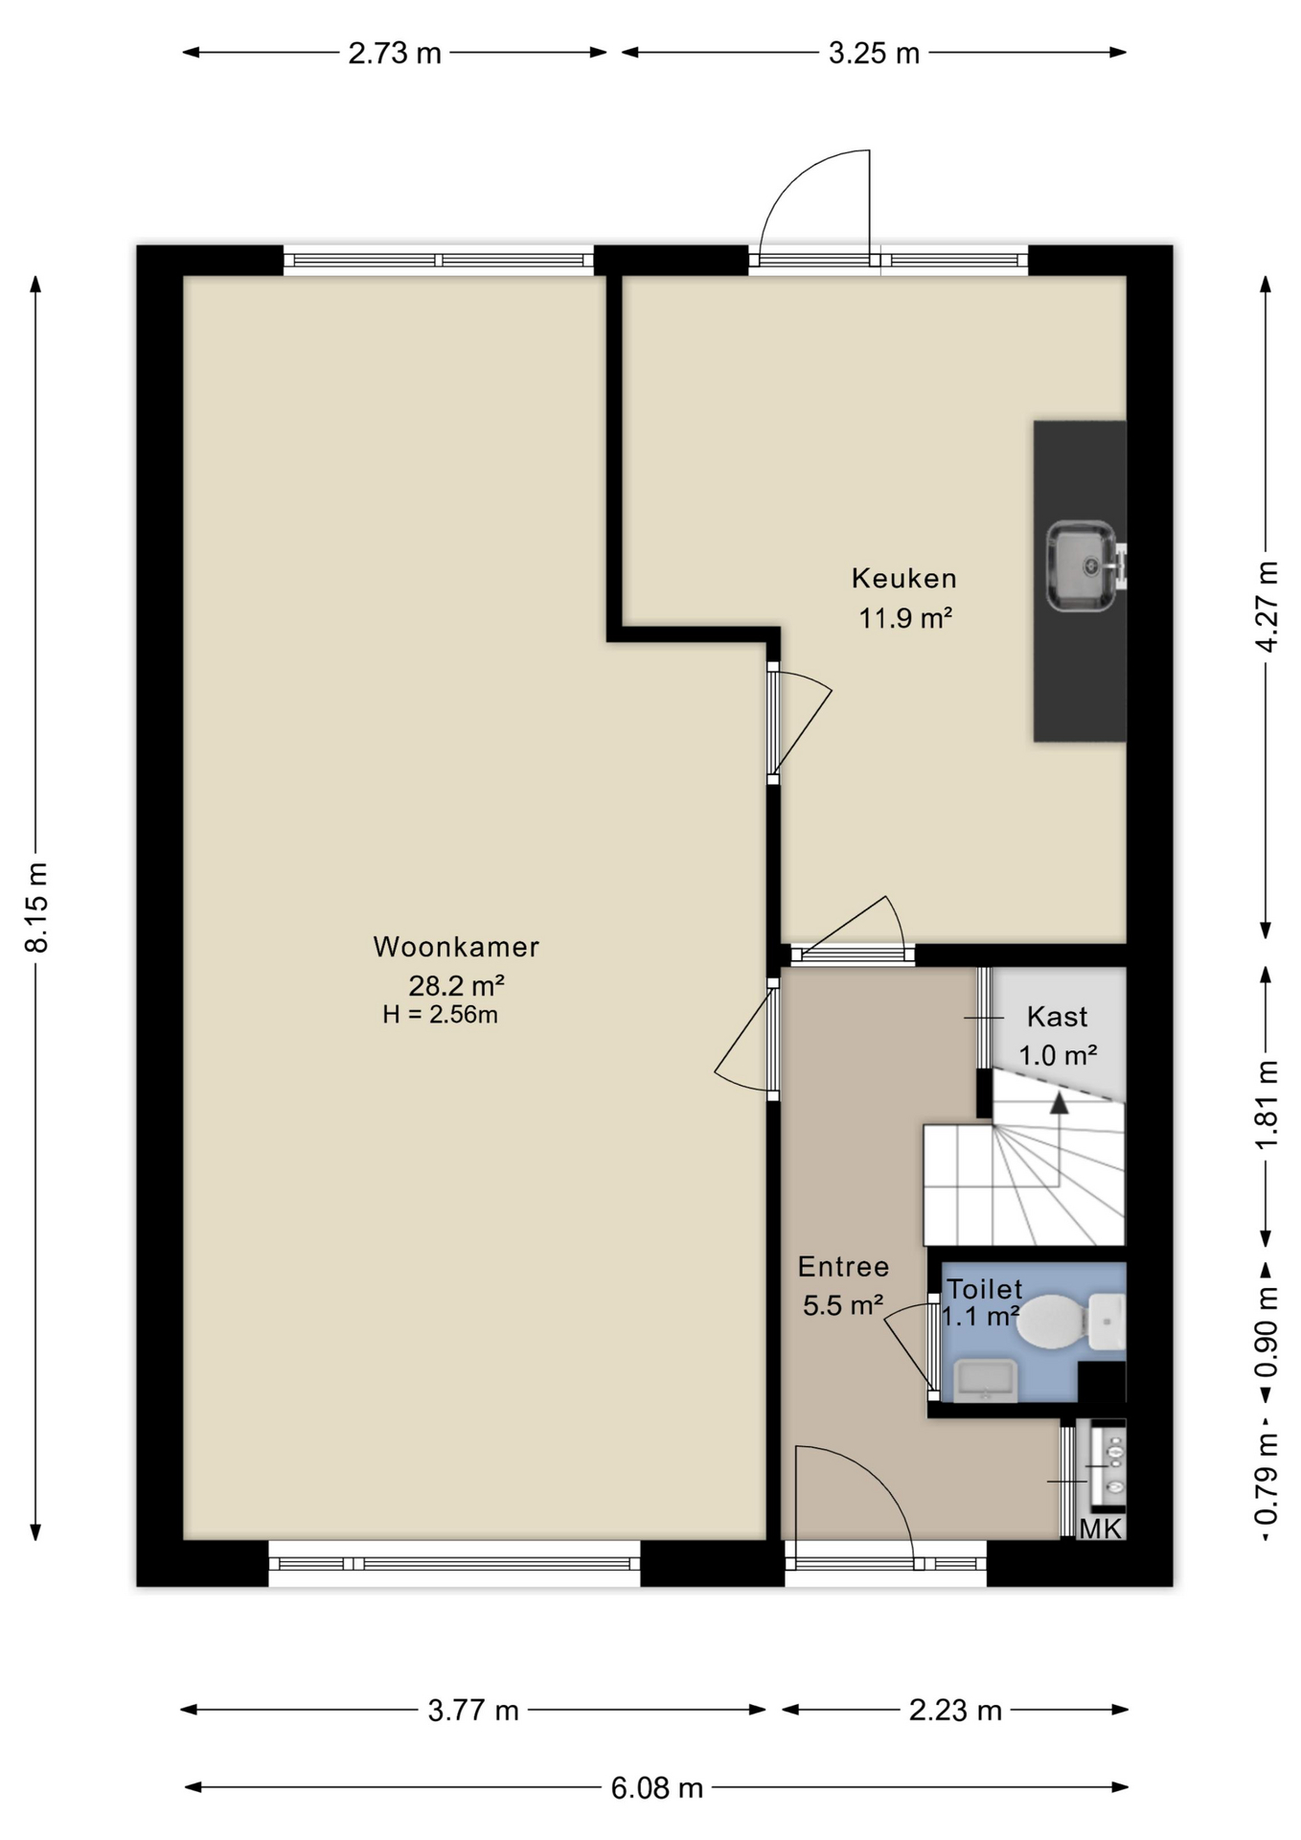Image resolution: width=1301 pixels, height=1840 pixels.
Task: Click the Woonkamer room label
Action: point(456,947)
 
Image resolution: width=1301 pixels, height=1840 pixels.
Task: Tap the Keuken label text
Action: point(904,578)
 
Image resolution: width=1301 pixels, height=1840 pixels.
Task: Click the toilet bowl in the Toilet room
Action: point(1050,1322)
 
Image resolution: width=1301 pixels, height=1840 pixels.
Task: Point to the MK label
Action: point(1100,1528)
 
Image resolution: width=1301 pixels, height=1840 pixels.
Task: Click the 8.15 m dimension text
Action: point(36,907)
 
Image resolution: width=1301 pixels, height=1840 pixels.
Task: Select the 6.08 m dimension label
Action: point(657,1787)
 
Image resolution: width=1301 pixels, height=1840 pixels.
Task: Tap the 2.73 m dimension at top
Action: point(395,53)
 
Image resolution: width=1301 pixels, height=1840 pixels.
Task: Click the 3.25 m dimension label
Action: point(874,53)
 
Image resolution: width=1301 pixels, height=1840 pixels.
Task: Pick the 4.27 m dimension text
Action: point(1267,607)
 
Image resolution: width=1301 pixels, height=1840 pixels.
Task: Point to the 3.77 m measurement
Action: point(473,1710)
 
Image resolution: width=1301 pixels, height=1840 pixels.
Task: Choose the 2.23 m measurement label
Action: point(955,1710)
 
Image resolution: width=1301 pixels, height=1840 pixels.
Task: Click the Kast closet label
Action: point(1058,1016)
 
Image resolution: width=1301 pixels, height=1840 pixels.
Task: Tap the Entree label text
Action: point(844,1267)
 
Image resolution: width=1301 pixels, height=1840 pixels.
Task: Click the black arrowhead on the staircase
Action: point(1059,1103)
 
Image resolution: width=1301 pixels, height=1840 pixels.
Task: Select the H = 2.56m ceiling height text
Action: point(440,1015)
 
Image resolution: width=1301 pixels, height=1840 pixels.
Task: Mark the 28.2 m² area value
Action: point(456,985)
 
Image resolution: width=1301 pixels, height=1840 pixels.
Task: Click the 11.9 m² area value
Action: point(905,618)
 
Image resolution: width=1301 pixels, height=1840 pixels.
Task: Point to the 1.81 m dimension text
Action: point(1267,1104)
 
